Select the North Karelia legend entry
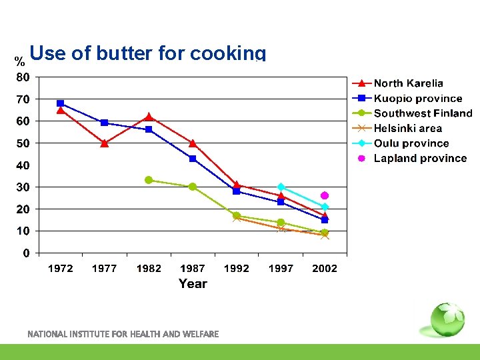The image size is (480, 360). coord(408,83)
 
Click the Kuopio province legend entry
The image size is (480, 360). coord(417,99)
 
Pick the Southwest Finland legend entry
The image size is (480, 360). coord(423,113)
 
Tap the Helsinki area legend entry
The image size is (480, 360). coord(407,128)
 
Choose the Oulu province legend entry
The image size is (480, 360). coord(411,143)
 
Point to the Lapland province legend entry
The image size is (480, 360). coord(420,158)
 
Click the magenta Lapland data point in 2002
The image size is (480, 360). coord(325,195)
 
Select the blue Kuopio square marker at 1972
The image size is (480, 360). coord(61,103)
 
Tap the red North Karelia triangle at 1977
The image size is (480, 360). coord(105,143)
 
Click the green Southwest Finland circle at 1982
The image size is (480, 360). coord(149,180)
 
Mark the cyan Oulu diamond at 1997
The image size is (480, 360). coord(281,187)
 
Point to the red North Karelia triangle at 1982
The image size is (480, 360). coord(149,117)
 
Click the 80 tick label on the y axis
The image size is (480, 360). coord(23,77)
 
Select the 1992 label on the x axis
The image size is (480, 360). coord(236,269)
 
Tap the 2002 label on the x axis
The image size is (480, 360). coord(325,269)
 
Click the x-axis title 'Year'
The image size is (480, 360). coord(193,284)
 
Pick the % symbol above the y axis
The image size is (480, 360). coord(20,62)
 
